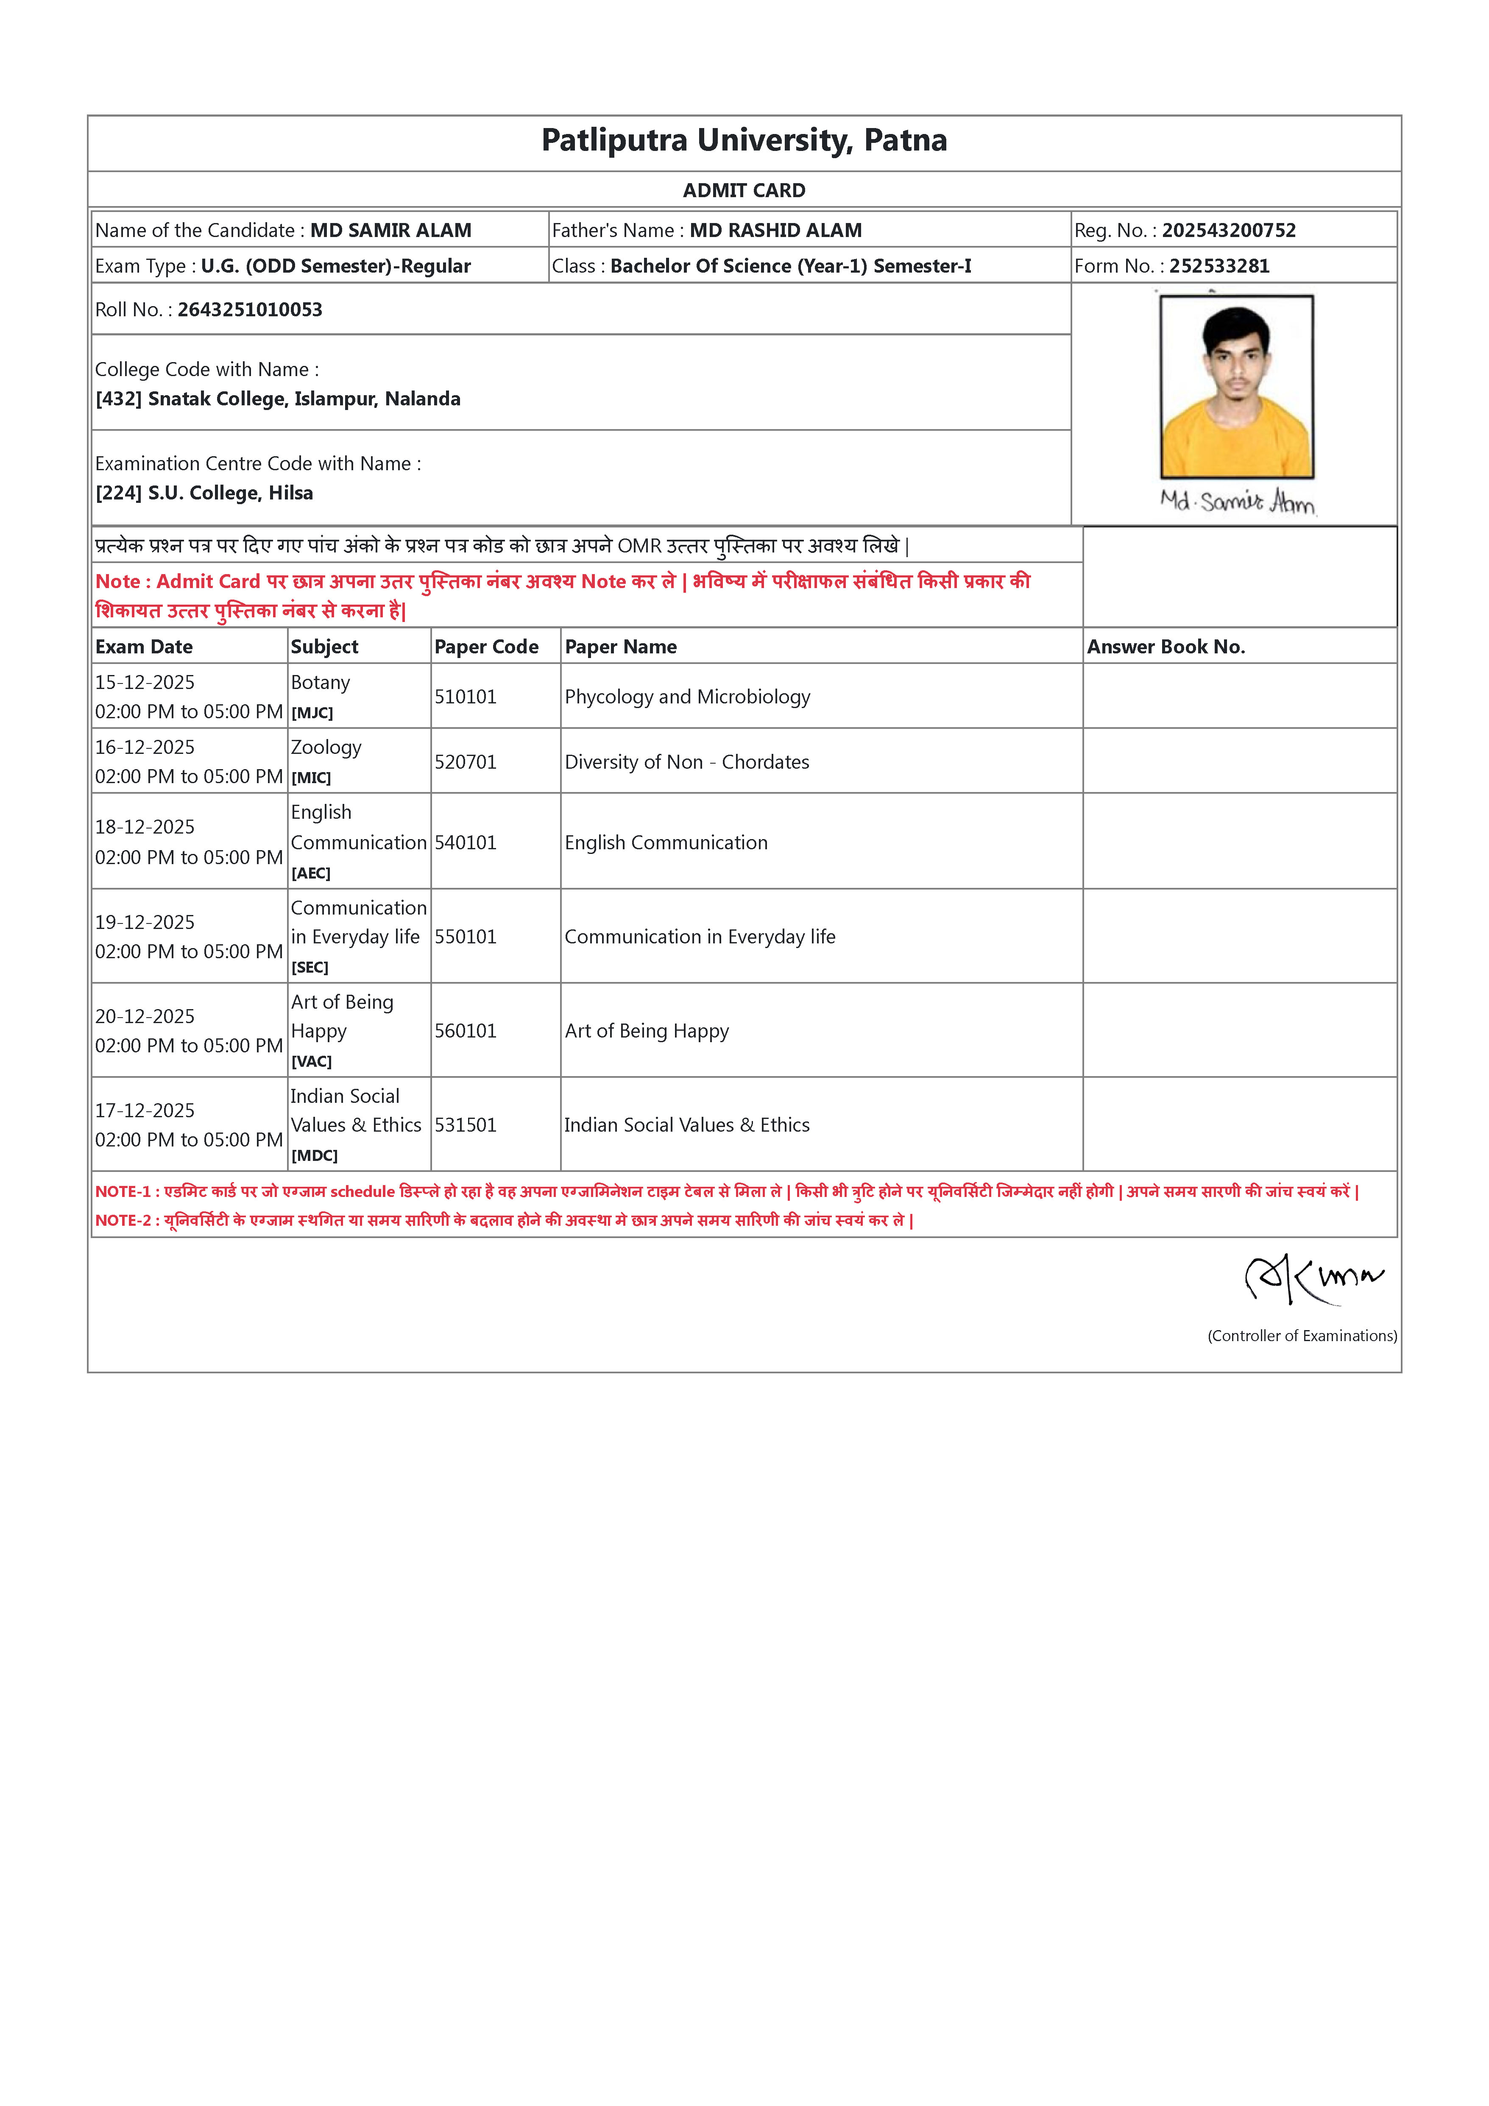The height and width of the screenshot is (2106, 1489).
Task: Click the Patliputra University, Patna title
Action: coord(744,140)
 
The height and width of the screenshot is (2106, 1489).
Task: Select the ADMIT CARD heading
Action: coord(744,191)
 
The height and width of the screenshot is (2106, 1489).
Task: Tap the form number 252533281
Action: coord(1219,266)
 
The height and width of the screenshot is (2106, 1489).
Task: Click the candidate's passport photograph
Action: coord(1237,386)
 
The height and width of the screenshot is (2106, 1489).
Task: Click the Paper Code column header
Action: coord(486,647)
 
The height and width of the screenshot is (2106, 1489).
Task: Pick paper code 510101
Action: coord(465,697)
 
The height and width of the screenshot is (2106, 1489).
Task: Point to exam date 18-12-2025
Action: coord(145,827)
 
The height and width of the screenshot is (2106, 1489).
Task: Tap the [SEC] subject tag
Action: coord(310,968)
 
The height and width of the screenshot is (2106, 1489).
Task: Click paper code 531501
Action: coord(465,1125)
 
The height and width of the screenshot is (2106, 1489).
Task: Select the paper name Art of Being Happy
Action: coord(647,1031)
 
